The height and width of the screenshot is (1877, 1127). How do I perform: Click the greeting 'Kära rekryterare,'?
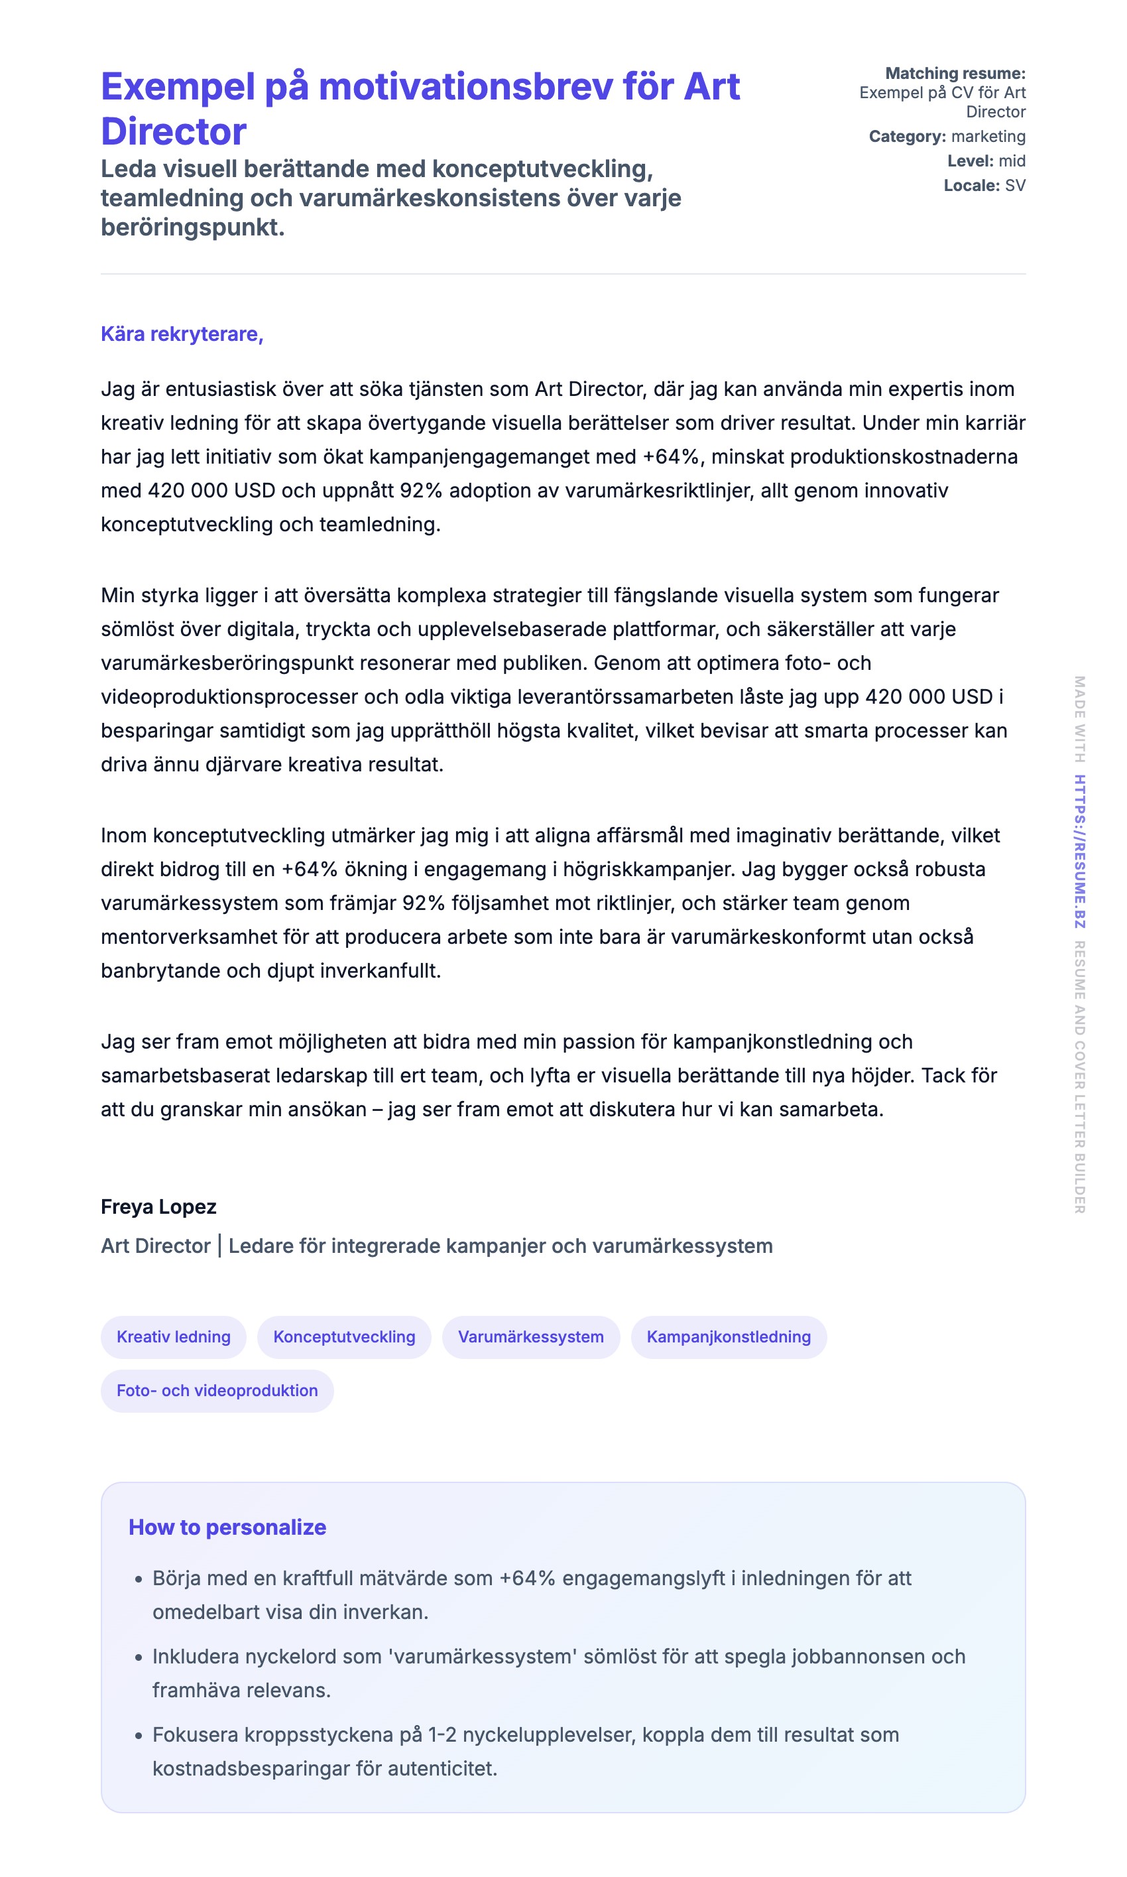[182, 334]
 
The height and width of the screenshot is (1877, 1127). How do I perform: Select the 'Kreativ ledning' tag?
[173, 1337]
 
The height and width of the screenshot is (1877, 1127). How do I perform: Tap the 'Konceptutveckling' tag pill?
[344, 1337]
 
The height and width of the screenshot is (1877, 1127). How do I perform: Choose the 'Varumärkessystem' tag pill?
[531, 1337]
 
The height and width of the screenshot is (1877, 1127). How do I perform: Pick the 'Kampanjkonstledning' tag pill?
[729, 1337]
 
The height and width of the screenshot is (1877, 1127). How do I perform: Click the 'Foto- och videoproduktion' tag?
[217, 1391]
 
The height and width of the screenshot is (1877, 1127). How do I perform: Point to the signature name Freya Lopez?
[158, 1207]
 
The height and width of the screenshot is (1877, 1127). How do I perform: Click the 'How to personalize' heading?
[227, 1527]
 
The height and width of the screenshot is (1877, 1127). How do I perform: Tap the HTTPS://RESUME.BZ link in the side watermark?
[1079, 852]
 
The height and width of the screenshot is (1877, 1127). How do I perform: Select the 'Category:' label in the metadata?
[907, 137]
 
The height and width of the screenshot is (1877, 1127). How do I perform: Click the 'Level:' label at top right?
[970, 161]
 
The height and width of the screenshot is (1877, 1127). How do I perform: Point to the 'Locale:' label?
[971, 185]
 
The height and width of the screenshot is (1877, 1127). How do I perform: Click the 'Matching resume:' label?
[955, 74]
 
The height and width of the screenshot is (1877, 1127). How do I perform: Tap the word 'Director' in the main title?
[174, 131]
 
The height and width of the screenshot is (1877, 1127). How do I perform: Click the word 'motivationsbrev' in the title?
[465, 87]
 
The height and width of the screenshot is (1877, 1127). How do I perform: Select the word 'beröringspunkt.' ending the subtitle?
[193, 227]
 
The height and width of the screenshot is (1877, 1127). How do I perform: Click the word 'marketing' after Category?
[988, 137]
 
